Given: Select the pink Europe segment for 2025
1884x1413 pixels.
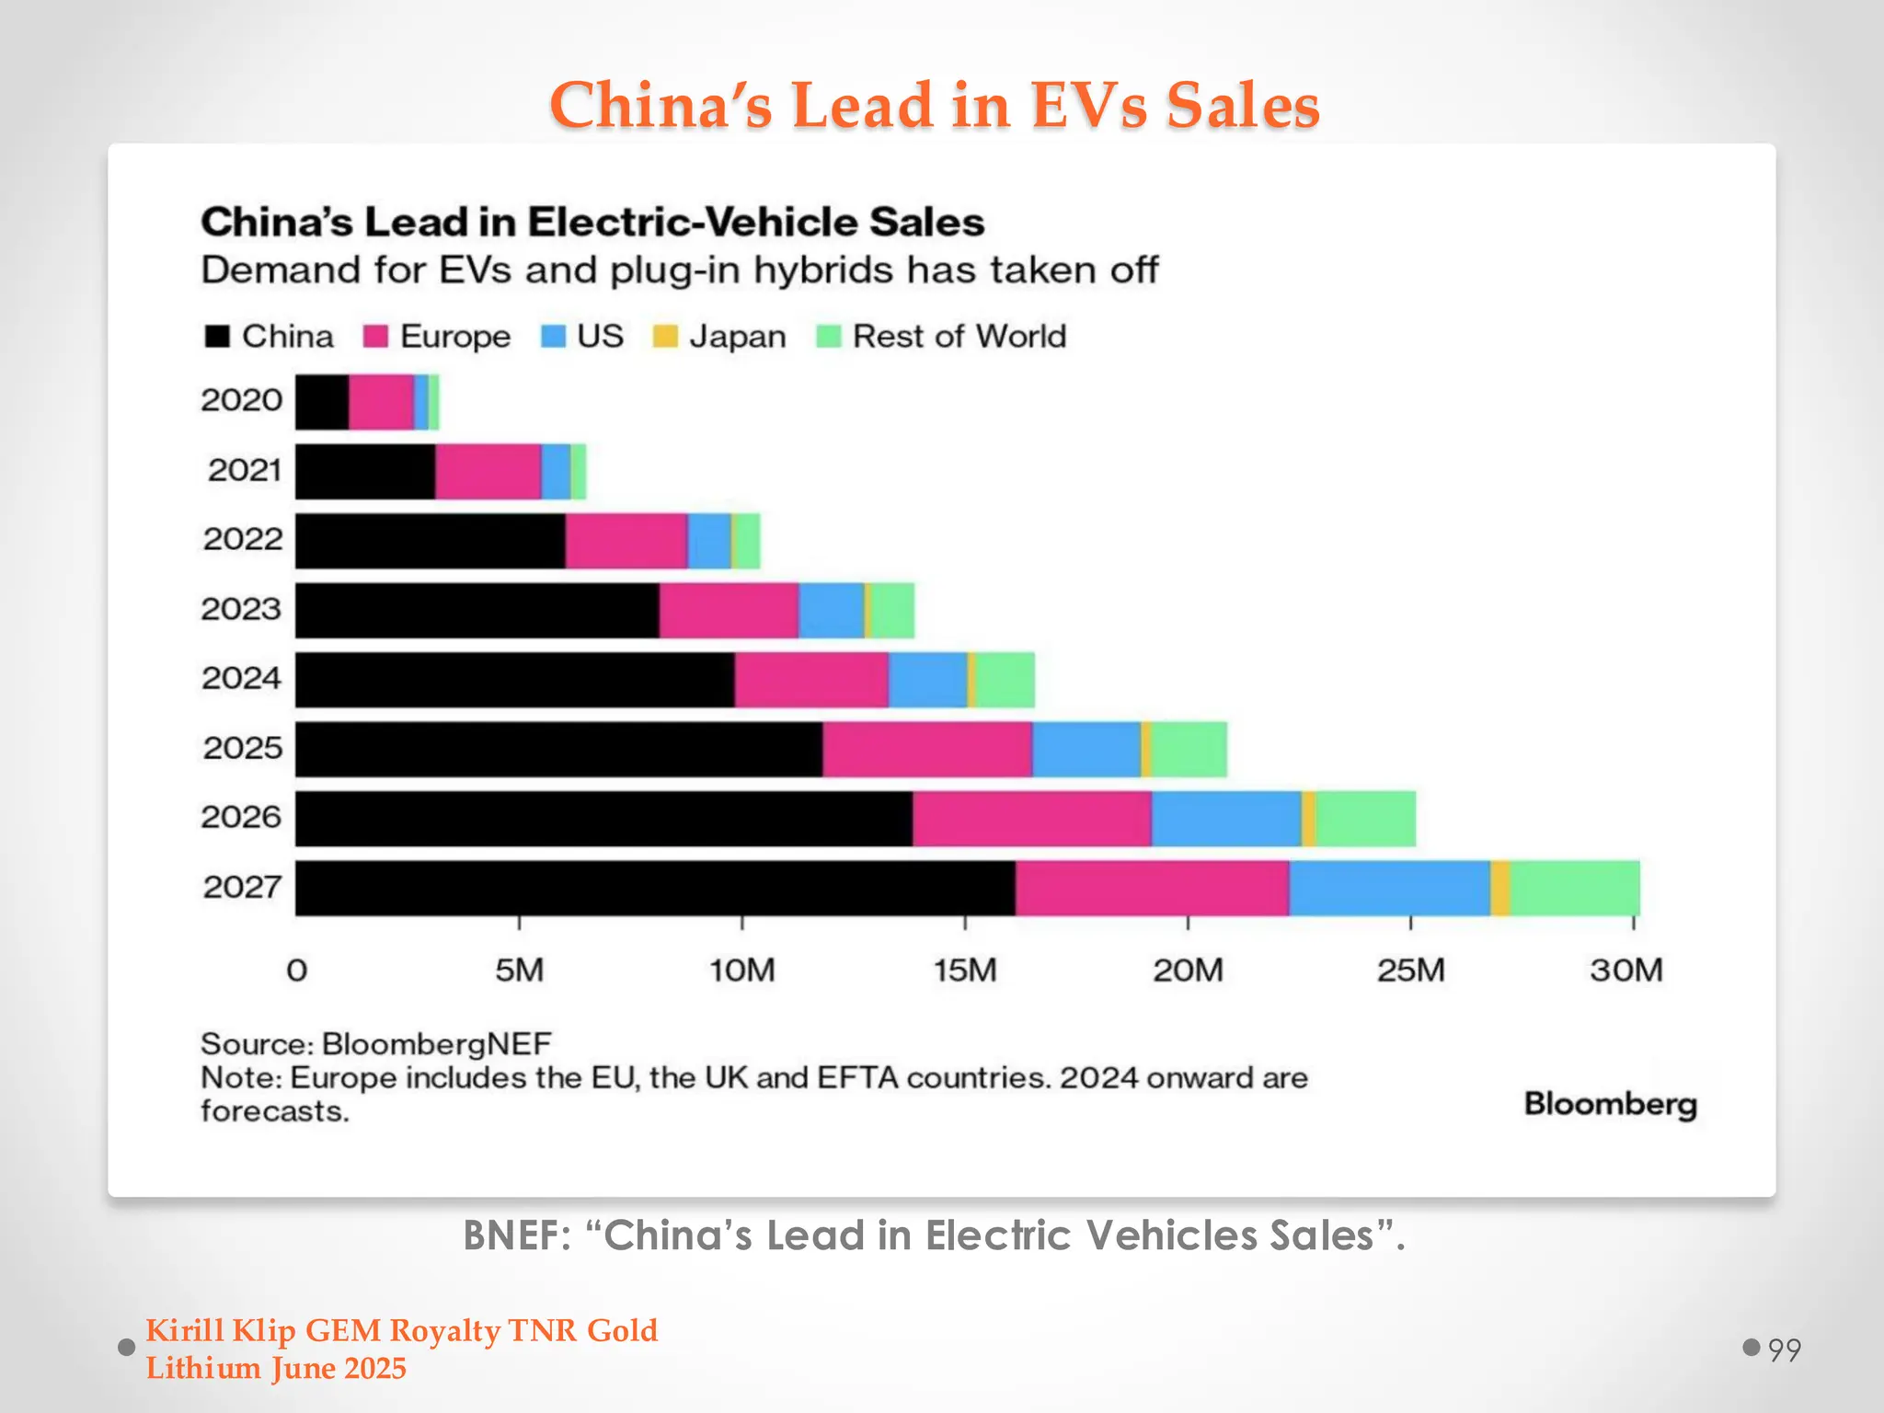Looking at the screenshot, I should (926, 749).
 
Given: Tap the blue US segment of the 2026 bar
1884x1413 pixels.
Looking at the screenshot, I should (1225, 818).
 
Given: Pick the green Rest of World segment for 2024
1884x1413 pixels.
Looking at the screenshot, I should (1005, 680).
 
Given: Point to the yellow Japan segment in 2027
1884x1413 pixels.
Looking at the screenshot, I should (1499, 888).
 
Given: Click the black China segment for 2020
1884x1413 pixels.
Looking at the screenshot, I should (321, 402).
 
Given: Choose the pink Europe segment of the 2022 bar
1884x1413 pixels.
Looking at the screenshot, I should (626, 541).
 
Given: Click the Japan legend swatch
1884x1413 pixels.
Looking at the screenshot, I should (664, 337).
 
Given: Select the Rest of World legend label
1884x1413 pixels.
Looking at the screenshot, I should (959, 337).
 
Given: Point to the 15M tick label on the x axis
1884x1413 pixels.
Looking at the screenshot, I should (964, 971).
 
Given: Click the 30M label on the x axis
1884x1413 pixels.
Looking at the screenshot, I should (1626, 971).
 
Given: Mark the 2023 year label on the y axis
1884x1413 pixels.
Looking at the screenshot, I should (241, 609).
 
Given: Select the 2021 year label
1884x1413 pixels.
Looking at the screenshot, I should (244, 470).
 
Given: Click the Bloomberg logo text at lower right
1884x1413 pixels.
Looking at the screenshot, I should (1610, 1103).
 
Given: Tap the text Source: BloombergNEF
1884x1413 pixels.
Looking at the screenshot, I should (375, 1044).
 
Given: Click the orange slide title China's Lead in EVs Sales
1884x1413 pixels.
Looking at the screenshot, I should (935, 105).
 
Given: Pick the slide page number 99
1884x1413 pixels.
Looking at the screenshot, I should (1784, 1350).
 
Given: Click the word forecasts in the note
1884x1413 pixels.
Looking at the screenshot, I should (274, 1111).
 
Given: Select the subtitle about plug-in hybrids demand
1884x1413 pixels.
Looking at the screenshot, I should (679, 270).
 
